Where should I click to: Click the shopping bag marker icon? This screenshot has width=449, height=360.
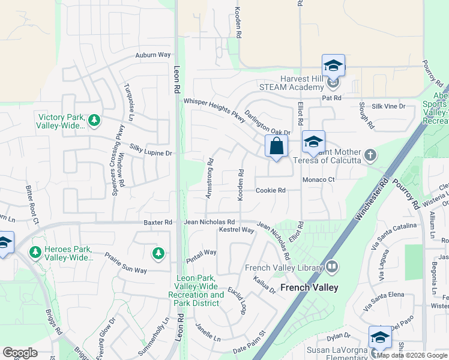pyautogui.click(x=276, y=146)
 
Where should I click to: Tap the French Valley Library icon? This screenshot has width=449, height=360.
pyautogui.click(x=332, y=267)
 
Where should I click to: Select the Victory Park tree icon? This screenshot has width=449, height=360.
pyautogui.click(x=94, y=121)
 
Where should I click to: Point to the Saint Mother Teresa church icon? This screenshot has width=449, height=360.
pyautogui.click(x=370, y=155)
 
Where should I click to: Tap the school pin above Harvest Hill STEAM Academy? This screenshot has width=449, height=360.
pyautogui.click(x=333, y=65)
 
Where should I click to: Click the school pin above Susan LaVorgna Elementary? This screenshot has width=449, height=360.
pyautogui.click(x=379, y=338)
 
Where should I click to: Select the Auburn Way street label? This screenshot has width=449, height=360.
pyautogui.click(x=153, y=55)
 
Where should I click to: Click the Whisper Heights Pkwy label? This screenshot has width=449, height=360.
pyautogui.click(x=215, y=111)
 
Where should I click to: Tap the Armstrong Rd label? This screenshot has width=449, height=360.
pyautogui.click(x=210, y=179)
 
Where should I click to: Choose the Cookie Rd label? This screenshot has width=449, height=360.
pyautogui.click(x=270, y=191)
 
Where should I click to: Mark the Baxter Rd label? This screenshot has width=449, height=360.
pyautogui.click(x=158, y=223)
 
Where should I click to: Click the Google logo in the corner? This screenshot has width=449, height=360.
pyautogui.click(x=20, y=353)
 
